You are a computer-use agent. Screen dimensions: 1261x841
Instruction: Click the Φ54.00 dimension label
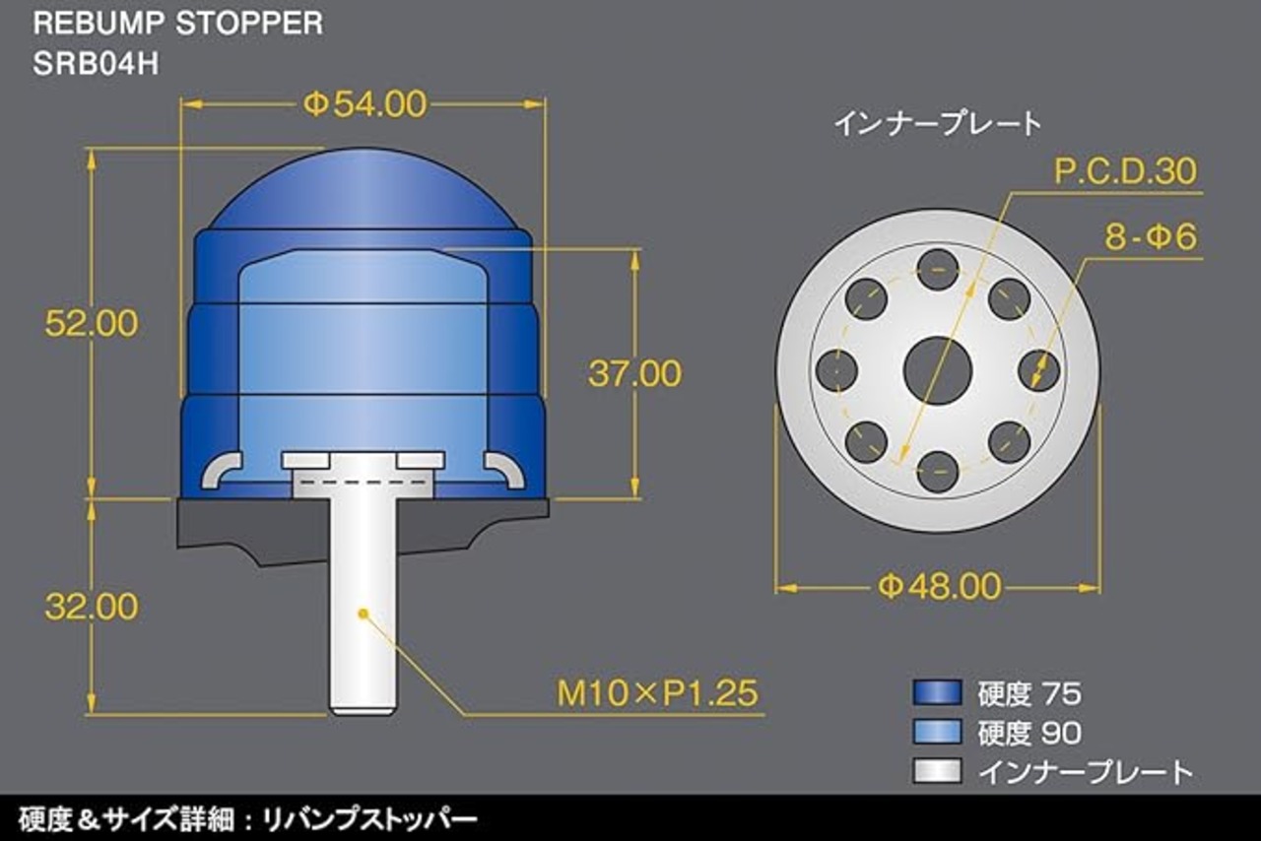coord(365,104)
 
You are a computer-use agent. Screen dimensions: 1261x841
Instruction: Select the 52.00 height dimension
coord(92,323)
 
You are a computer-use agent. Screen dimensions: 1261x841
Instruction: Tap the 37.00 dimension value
coord(634,373)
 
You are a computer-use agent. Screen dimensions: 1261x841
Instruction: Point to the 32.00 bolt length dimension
coord(92,607)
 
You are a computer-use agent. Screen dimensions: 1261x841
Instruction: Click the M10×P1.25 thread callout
coord(657,693)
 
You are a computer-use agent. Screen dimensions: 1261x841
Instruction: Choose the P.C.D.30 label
coord(1125,171)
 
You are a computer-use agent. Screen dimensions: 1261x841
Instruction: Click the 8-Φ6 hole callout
coord(1151,237)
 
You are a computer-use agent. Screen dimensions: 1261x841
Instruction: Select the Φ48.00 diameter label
coord(940,587)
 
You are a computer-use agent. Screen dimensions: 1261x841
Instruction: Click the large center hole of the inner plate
coord(938,370)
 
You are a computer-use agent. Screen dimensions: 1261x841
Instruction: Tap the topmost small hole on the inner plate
coord(938,270)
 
